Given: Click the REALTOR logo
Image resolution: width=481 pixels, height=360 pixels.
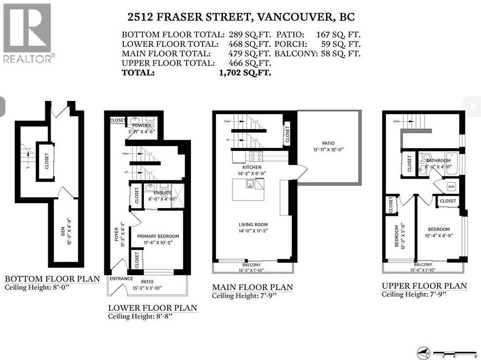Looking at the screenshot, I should pos(27,33).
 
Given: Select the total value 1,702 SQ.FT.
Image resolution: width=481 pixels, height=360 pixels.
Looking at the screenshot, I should pos(245,73).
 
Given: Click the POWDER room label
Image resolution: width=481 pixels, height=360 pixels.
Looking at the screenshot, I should pos(140,125).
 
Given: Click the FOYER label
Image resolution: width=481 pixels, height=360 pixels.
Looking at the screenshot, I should pos(116,235).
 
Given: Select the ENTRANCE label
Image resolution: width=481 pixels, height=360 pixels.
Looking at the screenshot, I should pos(121,279).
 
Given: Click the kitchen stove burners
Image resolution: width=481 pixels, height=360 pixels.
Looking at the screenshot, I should pos(256,156).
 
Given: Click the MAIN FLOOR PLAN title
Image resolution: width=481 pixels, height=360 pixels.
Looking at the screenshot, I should pos(252,287).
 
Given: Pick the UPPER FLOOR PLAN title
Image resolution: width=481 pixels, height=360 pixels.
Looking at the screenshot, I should pos(424,286).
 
